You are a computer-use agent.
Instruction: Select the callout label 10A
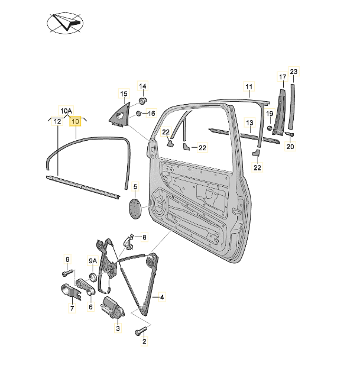(x=66, y=111)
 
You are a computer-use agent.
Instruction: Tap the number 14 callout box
(x=142, y=86)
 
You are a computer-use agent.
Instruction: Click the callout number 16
(x=151, y=114)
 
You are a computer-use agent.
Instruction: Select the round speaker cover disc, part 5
(x=135, y=208)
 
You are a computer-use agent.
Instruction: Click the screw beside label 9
(x=67, y=273)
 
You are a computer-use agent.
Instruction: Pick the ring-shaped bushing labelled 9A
(x=92, y=277)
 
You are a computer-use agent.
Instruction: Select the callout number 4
(x=162, y=297)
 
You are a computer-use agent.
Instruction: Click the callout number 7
(x=72, y=308)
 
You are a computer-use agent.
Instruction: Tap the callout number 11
(x=249, y=87)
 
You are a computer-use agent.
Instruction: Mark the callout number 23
(x=294, y=72)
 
